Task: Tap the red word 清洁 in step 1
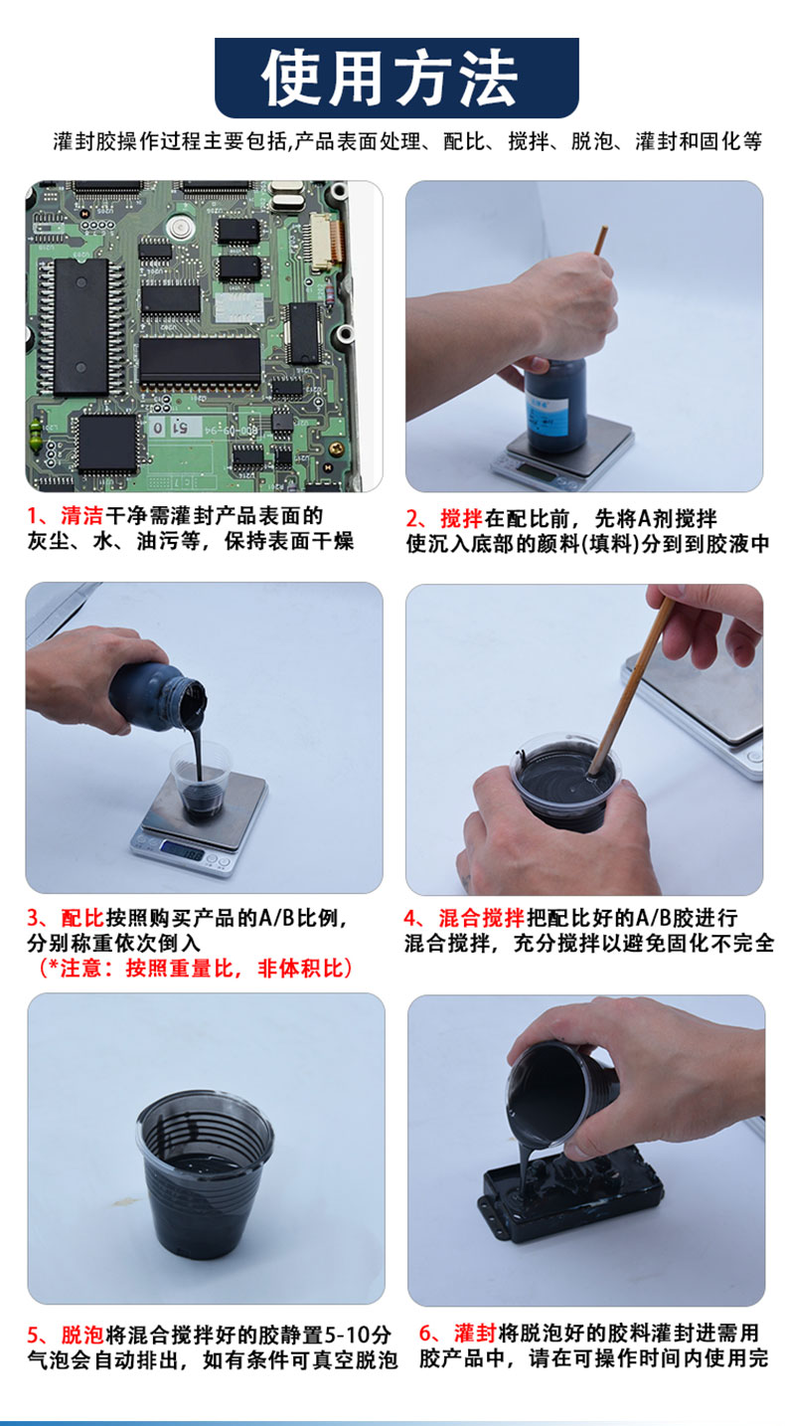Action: (x=82, y=515)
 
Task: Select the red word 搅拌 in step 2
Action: (x=462, y=518)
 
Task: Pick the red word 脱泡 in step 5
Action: (x=82, y=1334)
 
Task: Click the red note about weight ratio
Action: (x=195, y=968)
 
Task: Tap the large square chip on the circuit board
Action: (x=107, y=444)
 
